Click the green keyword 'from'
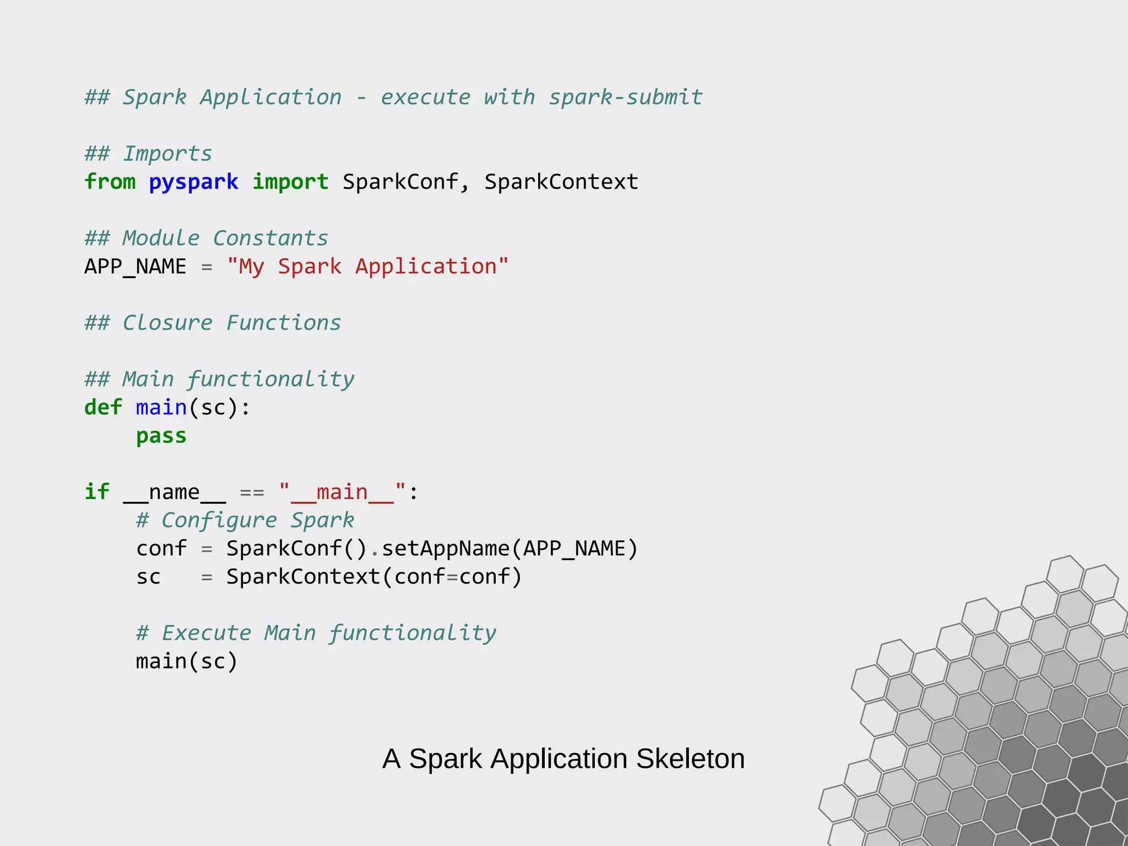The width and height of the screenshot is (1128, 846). pos(110,182)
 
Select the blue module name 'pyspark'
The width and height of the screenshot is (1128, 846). pos(193,182)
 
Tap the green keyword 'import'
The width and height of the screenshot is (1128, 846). pos(290,182)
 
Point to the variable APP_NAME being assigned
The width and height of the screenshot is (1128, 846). pos(135,267)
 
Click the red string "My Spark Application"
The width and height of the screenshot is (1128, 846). pos(367,267)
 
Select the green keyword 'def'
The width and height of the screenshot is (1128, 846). pos(103,408)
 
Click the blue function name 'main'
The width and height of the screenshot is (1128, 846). pos(161,408)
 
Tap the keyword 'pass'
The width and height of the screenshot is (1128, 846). pos(161,436)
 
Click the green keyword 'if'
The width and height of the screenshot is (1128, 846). pos(97,492)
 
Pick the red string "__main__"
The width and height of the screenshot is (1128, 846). pos(342,492)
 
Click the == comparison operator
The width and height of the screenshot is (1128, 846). pos(252,492)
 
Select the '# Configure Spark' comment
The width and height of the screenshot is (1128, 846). pos(245,520)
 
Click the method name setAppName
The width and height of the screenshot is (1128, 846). pos(446,549)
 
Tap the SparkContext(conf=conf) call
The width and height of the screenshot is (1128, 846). pos(373,577)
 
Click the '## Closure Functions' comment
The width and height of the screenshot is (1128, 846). pos(213,323)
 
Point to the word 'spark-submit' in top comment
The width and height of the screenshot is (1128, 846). pos(626,97)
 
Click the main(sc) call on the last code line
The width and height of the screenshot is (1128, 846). pos(186,661)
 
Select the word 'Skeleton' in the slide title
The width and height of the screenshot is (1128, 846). pos(690,759)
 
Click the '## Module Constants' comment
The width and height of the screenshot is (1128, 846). pos(206,238)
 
